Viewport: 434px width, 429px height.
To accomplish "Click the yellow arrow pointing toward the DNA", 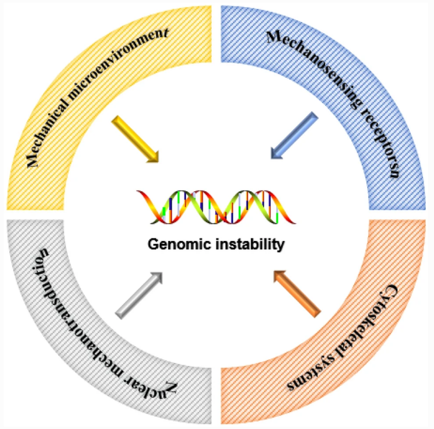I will pos(135,139).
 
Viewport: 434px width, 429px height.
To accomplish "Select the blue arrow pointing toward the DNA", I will pos(294,136).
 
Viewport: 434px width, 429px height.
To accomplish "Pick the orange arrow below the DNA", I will pos(296,293).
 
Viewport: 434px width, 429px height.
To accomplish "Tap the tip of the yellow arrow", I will pos(158,162).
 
